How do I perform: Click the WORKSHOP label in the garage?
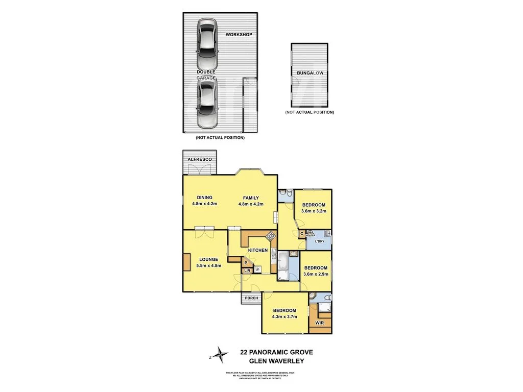point(239,35)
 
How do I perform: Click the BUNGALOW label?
point(310,73)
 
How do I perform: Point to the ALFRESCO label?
point(200,160)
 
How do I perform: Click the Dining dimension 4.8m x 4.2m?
point(205,204)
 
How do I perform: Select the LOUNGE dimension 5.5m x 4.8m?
point(208,265)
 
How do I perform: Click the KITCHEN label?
point(258,250)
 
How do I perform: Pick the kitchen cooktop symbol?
point(270,236)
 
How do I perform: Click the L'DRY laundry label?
point(320,241)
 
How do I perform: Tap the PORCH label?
point(251,298)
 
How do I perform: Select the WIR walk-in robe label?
point(320,323)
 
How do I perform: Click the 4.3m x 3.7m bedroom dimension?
point(284,317)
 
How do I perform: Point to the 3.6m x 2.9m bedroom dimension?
point(316,274)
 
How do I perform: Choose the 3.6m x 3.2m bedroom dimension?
point(314,211)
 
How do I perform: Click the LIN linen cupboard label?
point(247,270)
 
